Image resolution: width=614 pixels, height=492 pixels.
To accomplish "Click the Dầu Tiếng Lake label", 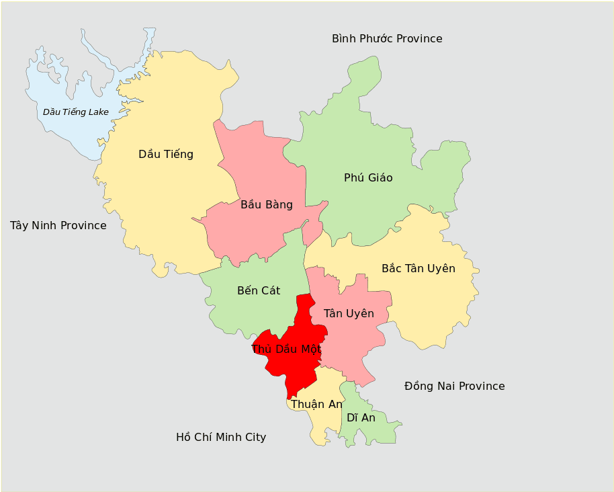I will coord(75,112).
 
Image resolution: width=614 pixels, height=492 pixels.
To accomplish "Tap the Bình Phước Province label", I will coord(387,38).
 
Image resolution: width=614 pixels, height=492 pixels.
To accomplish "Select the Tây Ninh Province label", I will coord(58,225).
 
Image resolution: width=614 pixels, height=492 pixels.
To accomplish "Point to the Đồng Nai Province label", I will coord(454,386).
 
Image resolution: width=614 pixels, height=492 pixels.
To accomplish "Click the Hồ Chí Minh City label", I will coord(221,437).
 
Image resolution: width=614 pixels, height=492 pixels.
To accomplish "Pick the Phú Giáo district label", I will coord(368,177).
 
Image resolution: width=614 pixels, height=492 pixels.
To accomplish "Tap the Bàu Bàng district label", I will coord(267,204).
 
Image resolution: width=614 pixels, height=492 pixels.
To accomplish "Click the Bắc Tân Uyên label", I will coord(418,268).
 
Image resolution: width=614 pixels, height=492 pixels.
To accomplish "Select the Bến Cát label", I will coord(259,290).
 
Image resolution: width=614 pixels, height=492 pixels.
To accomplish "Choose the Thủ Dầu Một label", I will coord(286,349).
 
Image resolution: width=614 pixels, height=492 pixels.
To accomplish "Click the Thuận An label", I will coord(316,404).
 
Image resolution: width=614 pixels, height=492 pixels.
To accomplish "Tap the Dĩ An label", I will coord(361,417).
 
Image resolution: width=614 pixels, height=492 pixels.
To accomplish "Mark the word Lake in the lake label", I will coord(97,112).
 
